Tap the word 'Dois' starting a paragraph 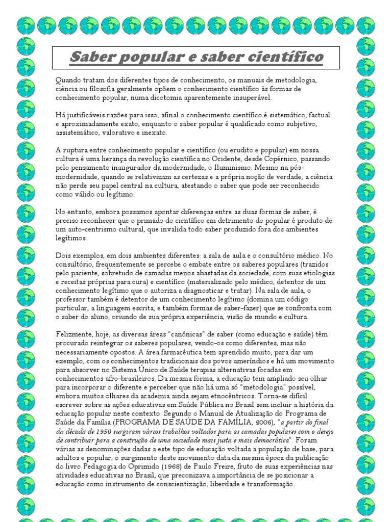tap(63, 256)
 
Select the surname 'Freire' tap(240, 466)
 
